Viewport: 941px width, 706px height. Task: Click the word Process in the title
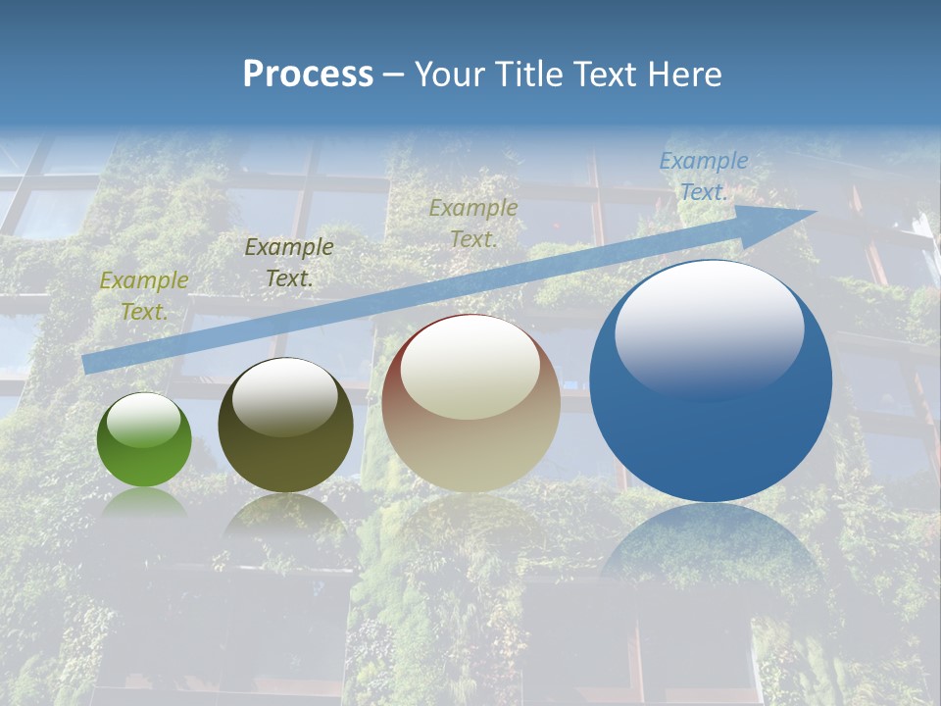[x=308, y=74]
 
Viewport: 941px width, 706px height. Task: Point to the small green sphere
[x=144, y=439]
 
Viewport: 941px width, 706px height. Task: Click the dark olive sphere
[x=285, y=426]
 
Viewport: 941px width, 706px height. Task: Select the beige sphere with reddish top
[x=470, y=404]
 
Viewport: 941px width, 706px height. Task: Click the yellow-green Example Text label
[x=144, y=295]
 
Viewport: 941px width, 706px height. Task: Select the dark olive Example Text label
[x=288, y=262]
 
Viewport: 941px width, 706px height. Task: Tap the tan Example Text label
[x=473, y=223]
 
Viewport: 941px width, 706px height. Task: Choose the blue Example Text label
[x=703, y=176]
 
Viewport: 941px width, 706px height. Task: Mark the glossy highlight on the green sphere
[x=143, y=421]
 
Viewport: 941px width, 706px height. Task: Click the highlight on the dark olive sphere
[x=285, y=396]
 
